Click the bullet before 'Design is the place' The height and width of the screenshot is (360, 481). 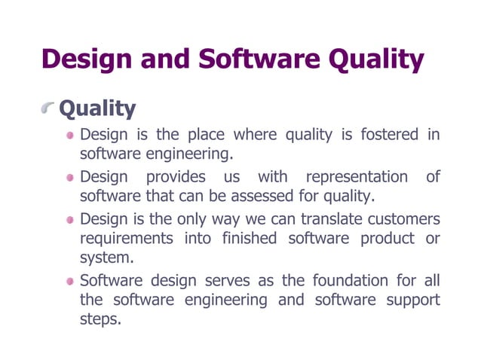click(70, 136)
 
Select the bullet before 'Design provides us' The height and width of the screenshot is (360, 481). click(70, 178)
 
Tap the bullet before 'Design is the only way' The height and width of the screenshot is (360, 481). click(70, 220)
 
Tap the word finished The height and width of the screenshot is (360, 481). click(250, 239)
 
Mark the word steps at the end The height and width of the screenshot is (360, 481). click(100, 320)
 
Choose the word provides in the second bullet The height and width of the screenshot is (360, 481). click(175, 178)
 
